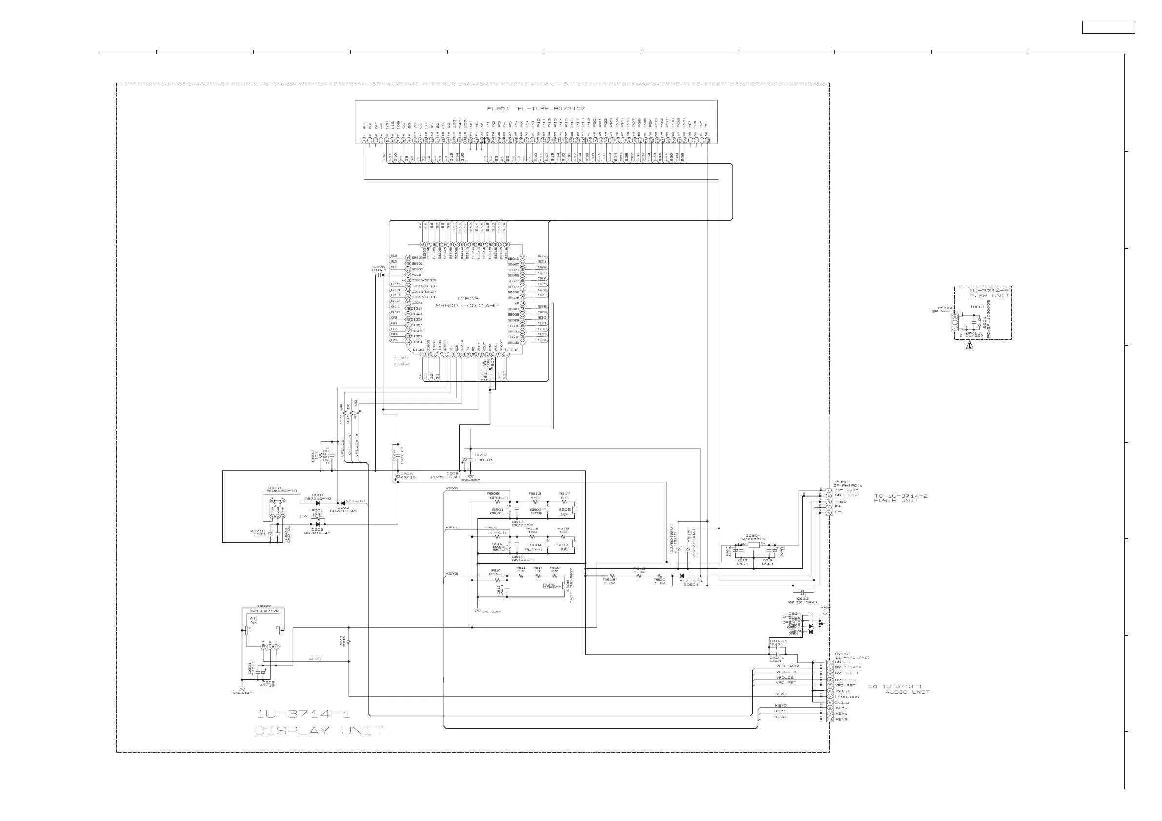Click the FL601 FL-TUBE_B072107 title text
pyautogui.click(x=536, y=109)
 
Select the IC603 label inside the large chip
pyautogui.click(x=467, y=299)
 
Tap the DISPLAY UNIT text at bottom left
pyautogui.click(x=319, y=731)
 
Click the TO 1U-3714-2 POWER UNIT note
pyautogui.click(x=901, y=498)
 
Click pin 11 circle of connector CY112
pyautogui.click(x=830, y=719)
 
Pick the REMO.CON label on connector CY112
pyautogui.click(x=847, y=697)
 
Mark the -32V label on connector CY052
pyautogui.click(x=840, y=501)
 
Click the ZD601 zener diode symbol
pyautogui.click(x=681, y=576)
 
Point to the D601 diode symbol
pyautogui.click(x=318, y=503)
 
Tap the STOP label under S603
pyautogui.click(x=537, y=513)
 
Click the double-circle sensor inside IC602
pyautogui.click(x=253, y=620)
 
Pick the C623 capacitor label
pyautogui.click(x=802, y=599)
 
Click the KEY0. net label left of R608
pyautogui.click(x=452, y=488)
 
